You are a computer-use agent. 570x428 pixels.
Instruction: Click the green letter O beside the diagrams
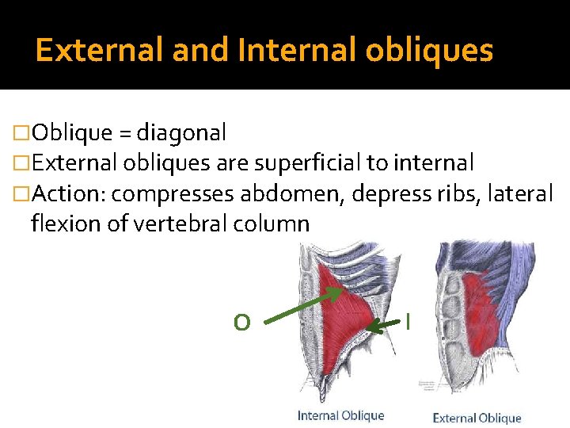point(242,322)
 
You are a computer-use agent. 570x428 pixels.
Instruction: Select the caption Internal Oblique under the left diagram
point(340,415)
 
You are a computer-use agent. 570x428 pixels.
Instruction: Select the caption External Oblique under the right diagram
point(477,418)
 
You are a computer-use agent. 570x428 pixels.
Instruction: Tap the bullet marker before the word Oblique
point(21,132)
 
